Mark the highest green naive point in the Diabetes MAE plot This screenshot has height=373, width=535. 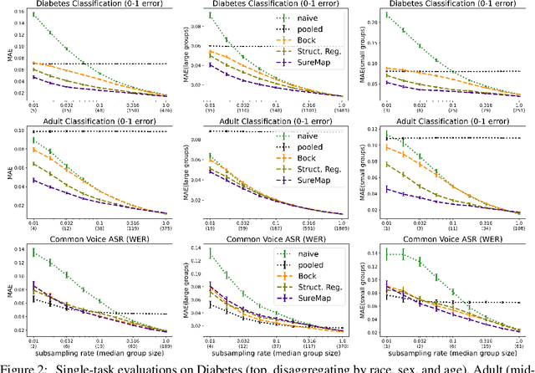click(x=34, y=14)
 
